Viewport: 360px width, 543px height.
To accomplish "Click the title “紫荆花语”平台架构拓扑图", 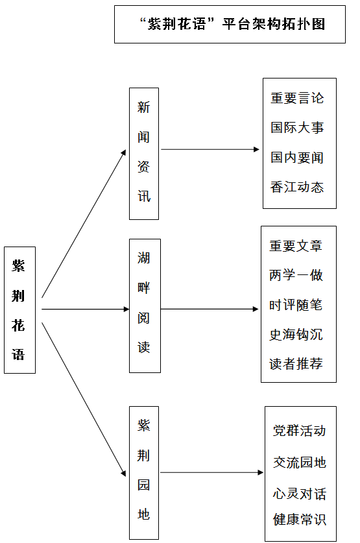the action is (232, 24).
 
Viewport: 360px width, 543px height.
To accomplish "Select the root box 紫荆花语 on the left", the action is (19, 310).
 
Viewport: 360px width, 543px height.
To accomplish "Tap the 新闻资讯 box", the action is (144, 153).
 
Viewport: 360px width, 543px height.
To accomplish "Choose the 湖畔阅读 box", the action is (145, 306).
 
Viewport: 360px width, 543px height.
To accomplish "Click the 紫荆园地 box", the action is (144, 473).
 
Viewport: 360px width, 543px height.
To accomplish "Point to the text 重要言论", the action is (297, 98).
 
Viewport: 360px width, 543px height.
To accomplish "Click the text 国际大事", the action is (297, 127).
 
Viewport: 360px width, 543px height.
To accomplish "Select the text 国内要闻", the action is (297, 157).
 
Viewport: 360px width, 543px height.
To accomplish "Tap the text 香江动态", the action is (297, 187).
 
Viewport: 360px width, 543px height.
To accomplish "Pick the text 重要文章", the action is (296, 246).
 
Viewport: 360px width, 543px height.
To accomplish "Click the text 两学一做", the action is (296, 275).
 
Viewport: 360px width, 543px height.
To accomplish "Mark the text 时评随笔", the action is (296, 305).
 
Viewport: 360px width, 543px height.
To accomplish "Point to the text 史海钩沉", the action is (296, 335).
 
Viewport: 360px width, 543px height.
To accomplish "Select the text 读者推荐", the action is (296, 363).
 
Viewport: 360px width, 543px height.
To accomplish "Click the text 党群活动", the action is (300, 431).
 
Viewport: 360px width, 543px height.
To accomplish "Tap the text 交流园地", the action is (300, 463).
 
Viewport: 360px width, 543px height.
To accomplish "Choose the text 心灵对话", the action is (300, 494).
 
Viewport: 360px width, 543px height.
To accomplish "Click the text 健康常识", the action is (300, 520).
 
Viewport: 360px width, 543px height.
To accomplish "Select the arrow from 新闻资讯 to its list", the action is (210, 150).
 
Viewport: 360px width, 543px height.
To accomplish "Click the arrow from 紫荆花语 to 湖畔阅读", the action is (86, 309).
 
